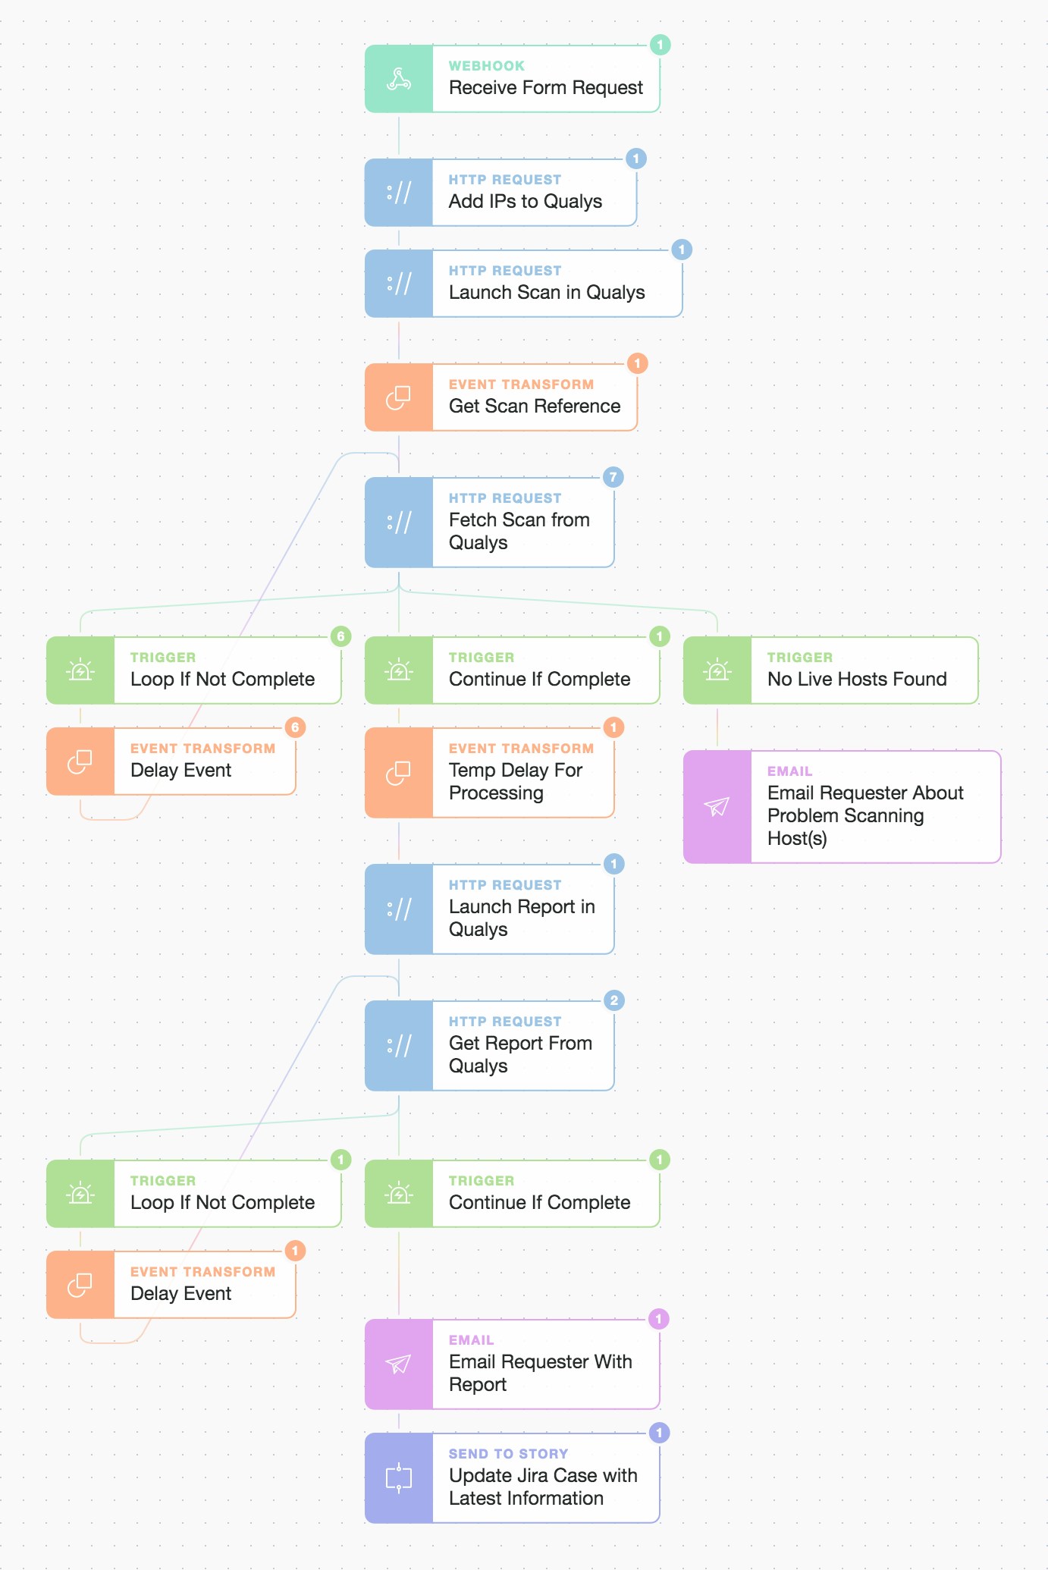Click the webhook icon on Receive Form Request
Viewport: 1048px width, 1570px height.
(x=399, y=79)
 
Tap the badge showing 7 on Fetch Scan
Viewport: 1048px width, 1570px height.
(x=613, y=477)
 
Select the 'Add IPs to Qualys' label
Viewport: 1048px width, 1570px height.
(x=525, y=201)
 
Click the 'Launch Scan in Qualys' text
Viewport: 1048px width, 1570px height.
(x=546, y=292)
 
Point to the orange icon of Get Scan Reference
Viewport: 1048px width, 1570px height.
(x=399, y=397)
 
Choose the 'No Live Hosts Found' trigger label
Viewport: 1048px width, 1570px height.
(x=856, y=679)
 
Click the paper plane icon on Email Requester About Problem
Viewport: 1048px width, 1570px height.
(x=717, y=807)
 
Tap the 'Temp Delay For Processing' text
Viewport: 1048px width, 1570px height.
(x=516, y=781)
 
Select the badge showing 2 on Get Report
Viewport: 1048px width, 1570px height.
(x=613, y=1000)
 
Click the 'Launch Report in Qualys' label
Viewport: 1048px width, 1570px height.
(x=522, y=918)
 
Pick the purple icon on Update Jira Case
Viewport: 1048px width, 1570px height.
(x=399, y=1477)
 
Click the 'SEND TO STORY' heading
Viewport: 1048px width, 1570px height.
(x=508, y=1454)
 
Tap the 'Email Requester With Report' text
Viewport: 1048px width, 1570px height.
(x=540, y=1373)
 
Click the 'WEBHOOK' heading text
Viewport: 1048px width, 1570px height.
(x=486, y=66)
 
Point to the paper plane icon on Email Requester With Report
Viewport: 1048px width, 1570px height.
(x=399, y=1364)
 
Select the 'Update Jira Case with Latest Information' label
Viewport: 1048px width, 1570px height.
(x=543, y=1487)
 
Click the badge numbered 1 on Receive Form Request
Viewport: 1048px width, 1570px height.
(x=660, y=45)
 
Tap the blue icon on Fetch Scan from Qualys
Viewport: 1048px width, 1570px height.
(x=399, y=522)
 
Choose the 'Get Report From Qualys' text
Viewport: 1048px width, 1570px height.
(x=520, y=1054)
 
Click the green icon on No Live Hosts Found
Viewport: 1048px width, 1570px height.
(x=717, y=670)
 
